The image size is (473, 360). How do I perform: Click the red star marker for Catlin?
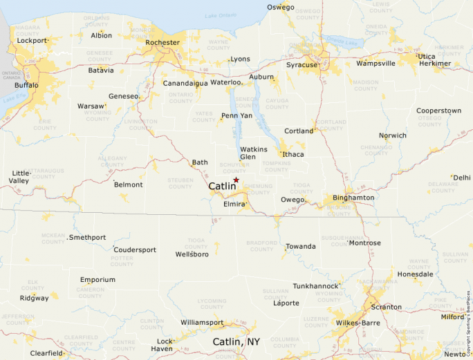coord(236,180)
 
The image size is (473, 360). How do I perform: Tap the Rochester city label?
coord(163,42)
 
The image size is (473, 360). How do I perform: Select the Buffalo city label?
coord(26,85)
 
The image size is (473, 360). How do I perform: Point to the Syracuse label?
coord(302,65)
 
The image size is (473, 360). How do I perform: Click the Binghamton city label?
coord(353,198)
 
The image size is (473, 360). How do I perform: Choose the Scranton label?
coord(386,307)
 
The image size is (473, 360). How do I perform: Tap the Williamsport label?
coord(202,323)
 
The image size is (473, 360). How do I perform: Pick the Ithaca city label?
coord(293,154)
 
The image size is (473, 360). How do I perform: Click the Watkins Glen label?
coord(253,153)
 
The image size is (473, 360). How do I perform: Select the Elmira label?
coord(233,205)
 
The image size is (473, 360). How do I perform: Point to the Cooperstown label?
coord(438,111)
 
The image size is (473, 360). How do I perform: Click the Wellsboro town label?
coord(192,254)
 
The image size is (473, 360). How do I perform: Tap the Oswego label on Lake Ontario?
coord(280,8)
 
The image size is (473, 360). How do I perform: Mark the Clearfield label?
coord(46,353)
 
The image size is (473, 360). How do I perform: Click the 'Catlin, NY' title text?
coord(236,342)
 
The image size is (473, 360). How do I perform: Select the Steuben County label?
coord(180,184)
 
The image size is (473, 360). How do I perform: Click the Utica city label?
coord(427,56)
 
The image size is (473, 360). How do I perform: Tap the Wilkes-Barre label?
coord(358,323)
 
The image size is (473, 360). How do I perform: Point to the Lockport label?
coord(32,41)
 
